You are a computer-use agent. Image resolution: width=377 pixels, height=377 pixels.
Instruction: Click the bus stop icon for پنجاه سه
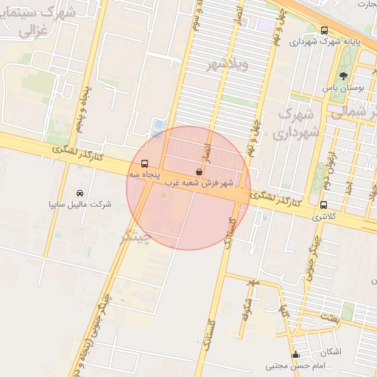pyautogui.click(x=144, y=163)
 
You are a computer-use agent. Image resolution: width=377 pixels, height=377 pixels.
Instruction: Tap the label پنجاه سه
pyautogui.click(x=144, y=175)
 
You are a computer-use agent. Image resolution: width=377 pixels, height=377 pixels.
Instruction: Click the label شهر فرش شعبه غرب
pyautogui.click(x=199, y=182)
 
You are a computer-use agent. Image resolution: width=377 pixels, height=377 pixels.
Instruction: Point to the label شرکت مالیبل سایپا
pyautogui.click(x=80, y=204)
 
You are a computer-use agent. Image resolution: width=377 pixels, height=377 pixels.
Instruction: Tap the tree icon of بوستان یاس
pyautogui.click(x=344, y=77)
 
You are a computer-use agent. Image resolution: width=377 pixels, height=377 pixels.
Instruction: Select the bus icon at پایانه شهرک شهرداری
pyautogui.click(x=325, y=30)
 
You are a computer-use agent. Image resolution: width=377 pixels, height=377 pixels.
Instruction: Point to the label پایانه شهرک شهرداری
pyautogui.click(x=325, y=42)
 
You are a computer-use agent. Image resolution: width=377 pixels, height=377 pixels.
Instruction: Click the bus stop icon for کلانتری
pyautogui.click(x=323, y=205)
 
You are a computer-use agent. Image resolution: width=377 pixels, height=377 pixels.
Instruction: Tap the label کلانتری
pyautogui.click(x=323, y=216)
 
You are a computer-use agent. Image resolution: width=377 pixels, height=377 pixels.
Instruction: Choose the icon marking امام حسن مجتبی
pyautogui.click(x=295, y=354)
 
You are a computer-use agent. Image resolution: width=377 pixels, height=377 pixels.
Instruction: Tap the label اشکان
pyautogui.click(x=331, y=352)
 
